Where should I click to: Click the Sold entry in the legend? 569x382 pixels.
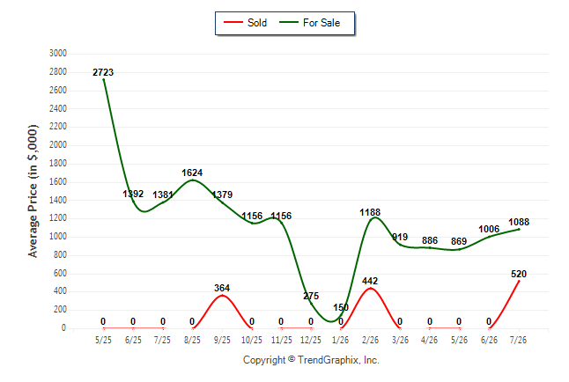click(x=246, y=23)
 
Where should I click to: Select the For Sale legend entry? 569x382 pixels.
click(x=309, y=23)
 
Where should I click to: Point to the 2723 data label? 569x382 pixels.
click(x=103, y=72)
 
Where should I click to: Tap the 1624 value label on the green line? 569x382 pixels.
click(x=192, y=173)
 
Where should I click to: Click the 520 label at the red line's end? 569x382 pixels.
click(x=519, y=274)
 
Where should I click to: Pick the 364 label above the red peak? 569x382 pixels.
click(x=222, y=288)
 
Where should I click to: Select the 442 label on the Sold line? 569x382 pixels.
click(x=370, y=281)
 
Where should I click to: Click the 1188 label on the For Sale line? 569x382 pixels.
click(x=370, y=212)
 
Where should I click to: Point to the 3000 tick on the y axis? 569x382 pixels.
click(x=58, y=54)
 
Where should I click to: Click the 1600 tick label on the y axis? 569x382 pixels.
click(x=58, y=181)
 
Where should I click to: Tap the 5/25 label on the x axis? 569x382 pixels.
click(x=103, y=340)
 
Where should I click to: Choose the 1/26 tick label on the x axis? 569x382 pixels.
click(x=340, y=340)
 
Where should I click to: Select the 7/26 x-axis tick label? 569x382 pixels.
click(x=518, y=340)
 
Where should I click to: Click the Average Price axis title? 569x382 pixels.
click(x=33, y=191)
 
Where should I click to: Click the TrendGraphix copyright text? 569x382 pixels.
click(x=311, y=360)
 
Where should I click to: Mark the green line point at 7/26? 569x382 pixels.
click(x=519, y=229)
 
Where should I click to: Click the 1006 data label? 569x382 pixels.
click(x=489, y=229)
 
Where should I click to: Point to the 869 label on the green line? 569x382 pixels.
click(x=459, y=241)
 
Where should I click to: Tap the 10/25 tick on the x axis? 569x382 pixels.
click(x=252, y=340)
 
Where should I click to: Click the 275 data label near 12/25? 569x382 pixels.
click(x=311, y=296)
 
